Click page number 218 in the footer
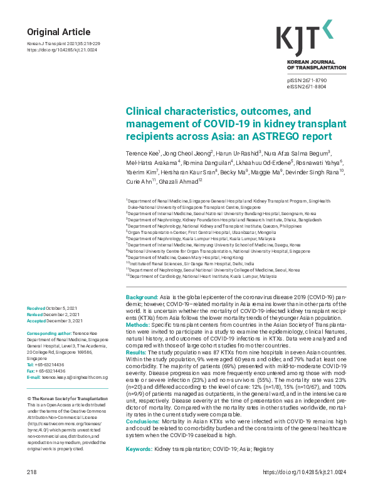tap(32, 489)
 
